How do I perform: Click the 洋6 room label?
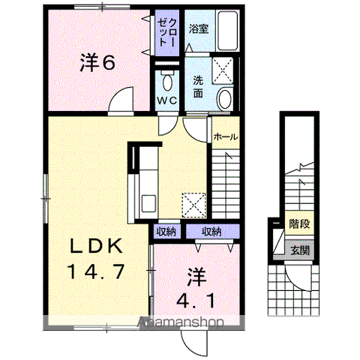coord(97,64)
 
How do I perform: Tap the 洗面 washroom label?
coord(198,88)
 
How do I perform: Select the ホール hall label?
coord(226,137)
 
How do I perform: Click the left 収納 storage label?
coord(166,232)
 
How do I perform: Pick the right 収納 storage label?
coord(211,232)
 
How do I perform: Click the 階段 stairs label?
coord(299,223)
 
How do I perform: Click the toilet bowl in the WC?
coord(166,81)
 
